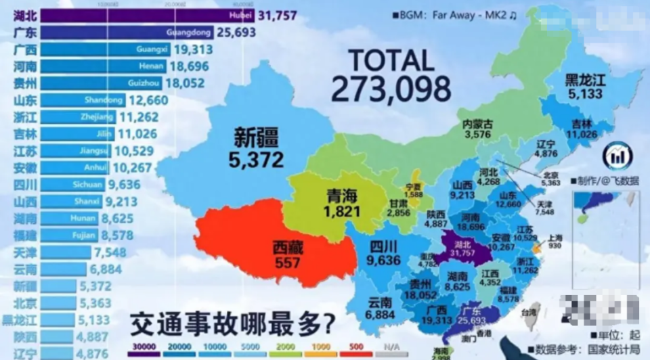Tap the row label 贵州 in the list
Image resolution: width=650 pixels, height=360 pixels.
click(x=26, y=83)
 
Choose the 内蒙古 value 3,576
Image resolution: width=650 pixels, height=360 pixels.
click(x=477, y=135)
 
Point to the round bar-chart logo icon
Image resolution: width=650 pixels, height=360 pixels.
click(x=617, y=156)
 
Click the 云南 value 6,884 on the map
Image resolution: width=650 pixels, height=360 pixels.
click(x=379, y=315)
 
